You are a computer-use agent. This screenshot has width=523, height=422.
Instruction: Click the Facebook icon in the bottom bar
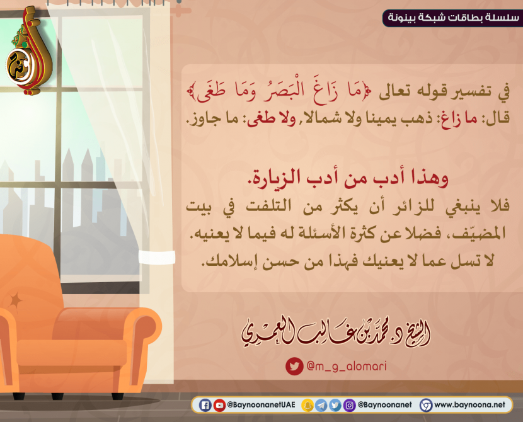pos(205,406)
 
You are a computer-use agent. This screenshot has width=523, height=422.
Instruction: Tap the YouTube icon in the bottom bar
pos(219,406)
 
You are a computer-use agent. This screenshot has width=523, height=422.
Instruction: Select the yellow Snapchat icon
pos(307,406)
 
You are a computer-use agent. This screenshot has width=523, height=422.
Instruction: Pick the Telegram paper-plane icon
pos(321,406)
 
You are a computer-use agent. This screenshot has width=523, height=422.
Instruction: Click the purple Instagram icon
pos(349,406)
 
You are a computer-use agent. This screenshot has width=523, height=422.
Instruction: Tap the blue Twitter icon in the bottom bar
pos(335,406)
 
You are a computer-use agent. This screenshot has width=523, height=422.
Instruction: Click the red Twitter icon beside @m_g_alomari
pos(294,367)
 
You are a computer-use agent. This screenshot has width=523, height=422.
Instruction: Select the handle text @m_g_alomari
pos(347,367)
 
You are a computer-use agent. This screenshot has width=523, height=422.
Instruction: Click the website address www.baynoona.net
pos(469,405)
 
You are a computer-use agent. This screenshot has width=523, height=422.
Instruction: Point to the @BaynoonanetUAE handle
pos(261,405)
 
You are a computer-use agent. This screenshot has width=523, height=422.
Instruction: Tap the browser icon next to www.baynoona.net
pos(426,406)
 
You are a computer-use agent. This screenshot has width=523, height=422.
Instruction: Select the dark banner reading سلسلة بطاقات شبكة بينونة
pos(452,18)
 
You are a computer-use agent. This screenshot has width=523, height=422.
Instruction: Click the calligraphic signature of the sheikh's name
pos(336,334)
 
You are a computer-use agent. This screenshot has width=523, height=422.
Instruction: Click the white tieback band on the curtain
pos(157,257)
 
